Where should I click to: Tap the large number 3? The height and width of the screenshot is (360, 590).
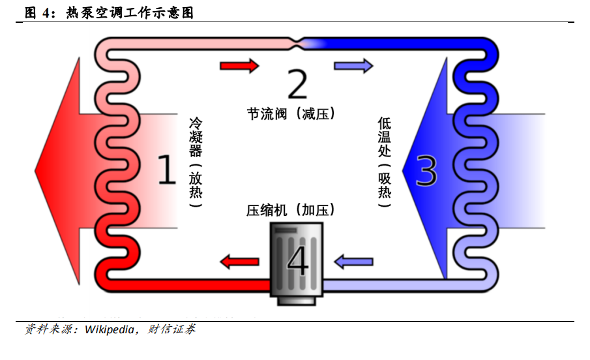point(426,170)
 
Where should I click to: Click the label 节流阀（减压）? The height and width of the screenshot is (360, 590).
point(291,113)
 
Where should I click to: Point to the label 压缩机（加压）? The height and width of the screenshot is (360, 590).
point(291,210)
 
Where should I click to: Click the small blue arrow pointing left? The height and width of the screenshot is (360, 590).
point(353,262)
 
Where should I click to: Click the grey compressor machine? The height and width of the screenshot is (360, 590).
point(297,261)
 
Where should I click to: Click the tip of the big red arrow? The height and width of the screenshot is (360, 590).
point(37,171)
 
